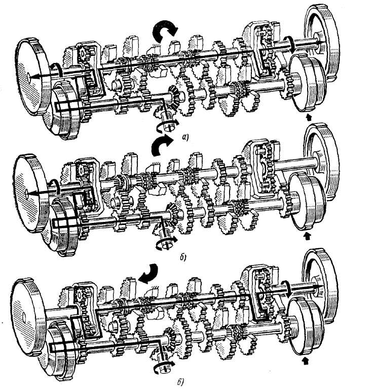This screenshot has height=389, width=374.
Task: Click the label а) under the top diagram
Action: (x=185, y=137)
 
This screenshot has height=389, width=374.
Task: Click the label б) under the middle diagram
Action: (x=182, y=257)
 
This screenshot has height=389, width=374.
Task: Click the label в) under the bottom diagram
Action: (x=180, y=382)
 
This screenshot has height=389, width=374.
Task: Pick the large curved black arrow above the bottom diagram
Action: (x=148, y=274)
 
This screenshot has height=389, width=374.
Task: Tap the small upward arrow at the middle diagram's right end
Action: (x=308, y=236)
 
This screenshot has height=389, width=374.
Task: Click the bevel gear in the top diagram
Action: (x=176, y=98)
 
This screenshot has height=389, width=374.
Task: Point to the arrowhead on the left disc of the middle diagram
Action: (x=30, y=193)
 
